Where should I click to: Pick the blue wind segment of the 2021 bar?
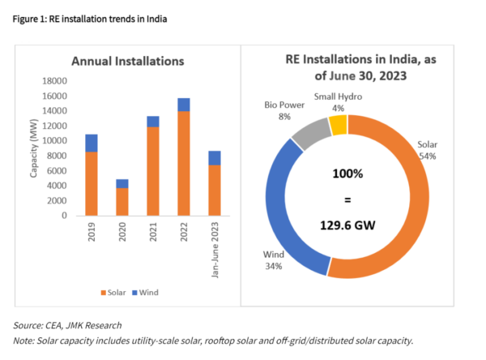click(x=152, y=122)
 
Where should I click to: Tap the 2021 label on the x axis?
click(x=153, y=236)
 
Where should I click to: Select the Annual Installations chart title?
click(x=128, y=62)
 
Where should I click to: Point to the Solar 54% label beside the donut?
click(x=427, y=149)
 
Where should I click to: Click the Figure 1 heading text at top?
click(x=95, y=18)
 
